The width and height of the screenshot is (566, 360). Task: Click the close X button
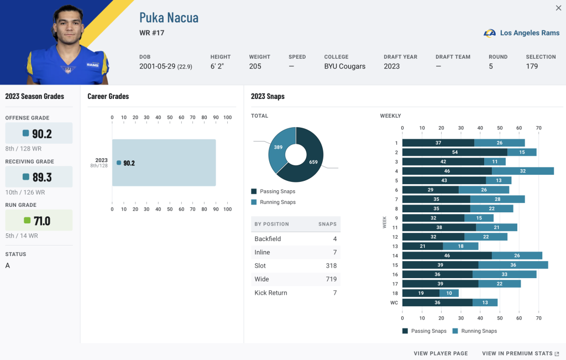pos(558,8)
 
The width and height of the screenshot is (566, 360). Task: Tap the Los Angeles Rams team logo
pos(490,33)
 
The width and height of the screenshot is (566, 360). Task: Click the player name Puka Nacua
pos(169,18)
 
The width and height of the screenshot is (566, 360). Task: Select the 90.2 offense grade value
pos(42,134)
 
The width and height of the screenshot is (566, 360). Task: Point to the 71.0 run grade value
pos(42,221)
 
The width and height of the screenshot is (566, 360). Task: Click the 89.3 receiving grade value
pos(42,178)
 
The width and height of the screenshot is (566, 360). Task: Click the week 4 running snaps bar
pos(523,171)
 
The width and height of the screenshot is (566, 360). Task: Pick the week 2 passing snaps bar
pos(455,152)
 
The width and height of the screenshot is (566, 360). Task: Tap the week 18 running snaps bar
pos(449,293)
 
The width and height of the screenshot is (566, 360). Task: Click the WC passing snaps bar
pos(438,302)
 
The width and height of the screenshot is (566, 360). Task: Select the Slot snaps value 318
pos(331,266)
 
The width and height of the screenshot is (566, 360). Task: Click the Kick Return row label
pos(271,293)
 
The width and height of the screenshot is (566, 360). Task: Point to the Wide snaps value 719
pos(331,279)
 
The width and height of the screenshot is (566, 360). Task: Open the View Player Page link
pos(441,353)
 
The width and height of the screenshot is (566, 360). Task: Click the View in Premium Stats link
pos(520,353)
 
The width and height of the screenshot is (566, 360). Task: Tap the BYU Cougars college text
pos(345,66)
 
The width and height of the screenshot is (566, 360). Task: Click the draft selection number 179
pos(532,66)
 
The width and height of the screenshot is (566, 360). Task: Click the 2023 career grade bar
pos(164,163)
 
